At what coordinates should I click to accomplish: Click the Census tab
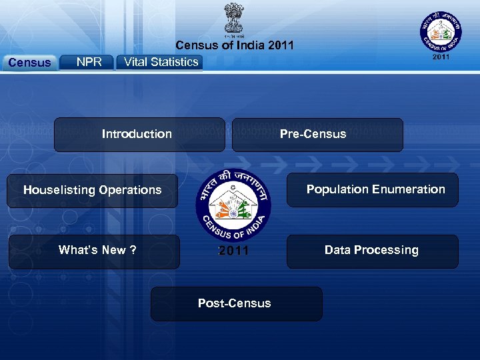(x=29, y=63)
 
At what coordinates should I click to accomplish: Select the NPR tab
(x=88, y=62)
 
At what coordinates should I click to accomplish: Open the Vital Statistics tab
(x=161, y=62)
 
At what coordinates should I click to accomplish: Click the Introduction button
(x=139, y=134)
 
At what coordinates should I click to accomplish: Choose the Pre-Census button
(x=317, y=134)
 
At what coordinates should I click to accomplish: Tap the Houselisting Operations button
(x=92, y=190)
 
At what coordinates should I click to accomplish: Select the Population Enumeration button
(x=373, y=189)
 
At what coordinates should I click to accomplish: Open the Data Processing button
(x=372, y=251)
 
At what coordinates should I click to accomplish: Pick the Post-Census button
(x=236, y=303)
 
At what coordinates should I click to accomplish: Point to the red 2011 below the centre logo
(x=233, y=251)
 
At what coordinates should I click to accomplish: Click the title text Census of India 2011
(x=234, y=46)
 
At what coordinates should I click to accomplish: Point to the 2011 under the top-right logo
(x=441, y=57)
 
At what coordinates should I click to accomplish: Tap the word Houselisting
(x=59, y=190)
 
